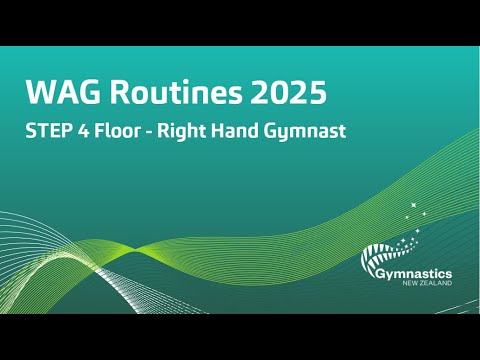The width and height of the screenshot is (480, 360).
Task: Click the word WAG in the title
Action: tap(57, 95)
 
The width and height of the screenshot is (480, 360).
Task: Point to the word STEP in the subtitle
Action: tap(51, 132)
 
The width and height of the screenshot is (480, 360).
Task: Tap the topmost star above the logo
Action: tap(412, 205)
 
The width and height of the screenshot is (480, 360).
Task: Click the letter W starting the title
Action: tap(37, 95)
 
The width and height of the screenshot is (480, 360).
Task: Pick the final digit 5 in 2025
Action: tap(317, 95)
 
